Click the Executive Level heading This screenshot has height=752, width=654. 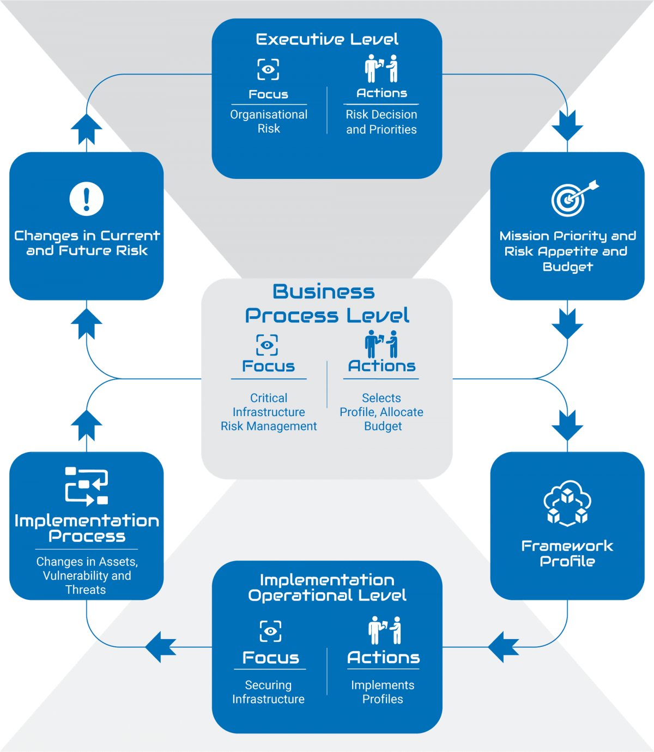click(327, 39)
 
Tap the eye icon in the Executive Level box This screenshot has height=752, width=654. click(268, 69)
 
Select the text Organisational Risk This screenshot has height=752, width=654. click(269, 122)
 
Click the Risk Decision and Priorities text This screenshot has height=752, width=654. click(381, 122)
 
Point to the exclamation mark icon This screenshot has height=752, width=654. click(86, 198)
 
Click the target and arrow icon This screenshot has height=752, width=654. click(572, 198)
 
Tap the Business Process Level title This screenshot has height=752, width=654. click(326, 303)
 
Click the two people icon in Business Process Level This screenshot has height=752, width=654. click(381, 344)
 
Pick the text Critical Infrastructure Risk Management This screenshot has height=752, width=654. click(269, 412)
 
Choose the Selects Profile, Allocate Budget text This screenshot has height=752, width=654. click(381, 412)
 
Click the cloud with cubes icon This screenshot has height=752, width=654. click(567, 503)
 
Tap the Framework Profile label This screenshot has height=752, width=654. click(567, 553)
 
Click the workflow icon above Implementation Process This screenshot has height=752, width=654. click(86, 485)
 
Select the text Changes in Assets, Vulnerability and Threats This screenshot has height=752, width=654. click(87, 575)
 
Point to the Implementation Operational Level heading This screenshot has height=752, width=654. click(327, 587)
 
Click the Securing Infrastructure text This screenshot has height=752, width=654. click(268, 692)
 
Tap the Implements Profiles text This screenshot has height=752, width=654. click(383, 692)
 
